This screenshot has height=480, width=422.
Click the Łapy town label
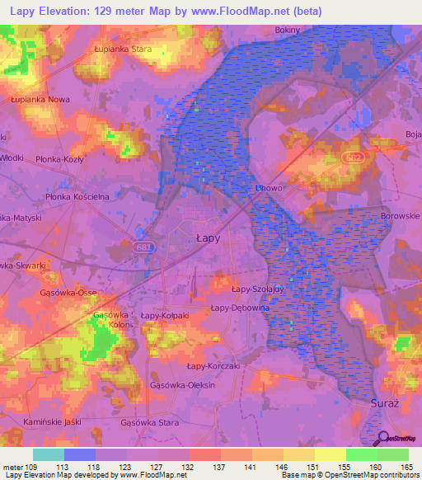[208, 238]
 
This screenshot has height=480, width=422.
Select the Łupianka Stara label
[124, 49]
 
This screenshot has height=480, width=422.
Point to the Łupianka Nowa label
[40, 99]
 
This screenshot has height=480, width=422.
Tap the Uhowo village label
[270, 188]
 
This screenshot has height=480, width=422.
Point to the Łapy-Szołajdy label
[257, 289]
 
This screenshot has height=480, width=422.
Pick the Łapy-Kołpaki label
[165, 315]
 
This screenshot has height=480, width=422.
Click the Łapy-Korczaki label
[213, 365]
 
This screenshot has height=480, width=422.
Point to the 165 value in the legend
[406, 468]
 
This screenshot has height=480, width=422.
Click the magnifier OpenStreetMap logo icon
[382, 439]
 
